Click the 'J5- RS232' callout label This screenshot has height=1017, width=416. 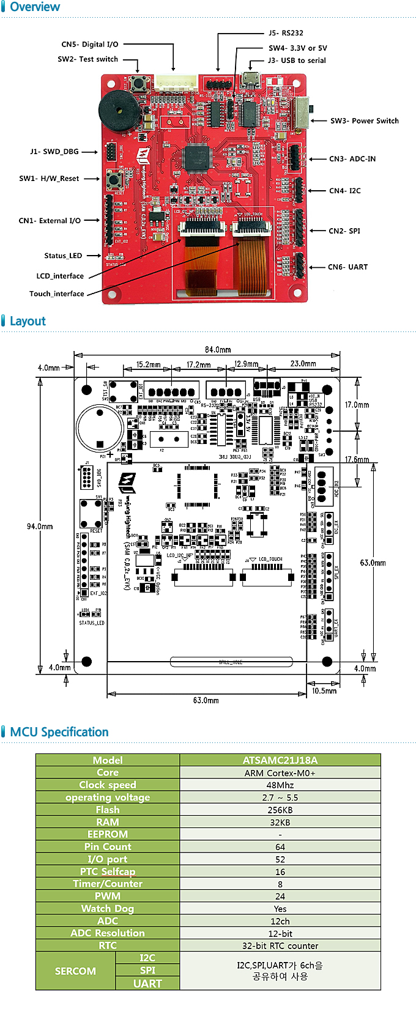(286, 33)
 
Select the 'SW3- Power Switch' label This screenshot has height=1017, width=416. (364, 121)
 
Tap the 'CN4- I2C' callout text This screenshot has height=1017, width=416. (344, 191)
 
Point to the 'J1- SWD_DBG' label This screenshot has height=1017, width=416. (54, 152)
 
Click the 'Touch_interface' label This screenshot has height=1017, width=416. (57, 294)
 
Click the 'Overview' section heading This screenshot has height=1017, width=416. (35, 7)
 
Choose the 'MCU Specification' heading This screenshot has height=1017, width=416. (59, 732)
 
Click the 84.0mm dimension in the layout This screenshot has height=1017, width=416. (218, 350)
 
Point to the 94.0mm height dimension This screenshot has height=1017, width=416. (40, 527)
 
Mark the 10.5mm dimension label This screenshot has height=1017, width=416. (324, 691)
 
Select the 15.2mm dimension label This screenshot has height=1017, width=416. (148, 364)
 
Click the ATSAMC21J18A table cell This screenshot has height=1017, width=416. (280, 760)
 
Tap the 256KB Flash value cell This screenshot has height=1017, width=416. (280, 810)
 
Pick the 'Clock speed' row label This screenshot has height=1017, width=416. (108, 785)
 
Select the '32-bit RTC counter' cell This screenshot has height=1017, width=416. (280, 945)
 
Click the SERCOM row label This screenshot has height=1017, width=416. (75, 971)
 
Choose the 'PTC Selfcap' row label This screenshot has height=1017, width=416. (108, 871)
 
